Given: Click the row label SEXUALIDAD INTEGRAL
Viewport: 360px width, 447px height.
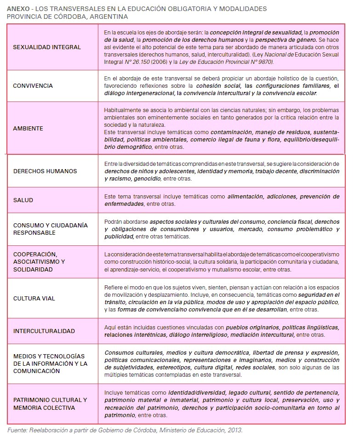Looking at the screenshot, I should point(47,47).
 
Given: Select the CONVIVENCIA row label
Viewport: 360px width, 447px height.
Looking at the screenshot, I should point(33,85).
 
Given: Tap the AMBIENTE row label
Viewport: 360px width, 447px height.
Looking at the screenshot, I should point(28,128).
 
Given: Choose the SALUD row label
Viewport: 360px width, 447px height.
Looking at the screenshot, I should point(23,200).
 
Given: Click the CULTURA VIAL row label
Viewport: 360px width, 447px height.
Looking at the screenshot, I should point(34,298).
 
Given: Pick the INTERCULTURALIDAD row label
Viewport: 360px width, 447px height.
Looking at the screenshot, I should point(44,331).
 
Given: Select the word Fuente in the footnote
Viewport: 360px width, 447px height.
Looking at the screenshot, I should point(17,430).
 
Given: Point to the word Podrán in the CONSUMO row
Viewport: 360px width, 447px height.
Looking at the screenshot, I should point(114,222).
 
